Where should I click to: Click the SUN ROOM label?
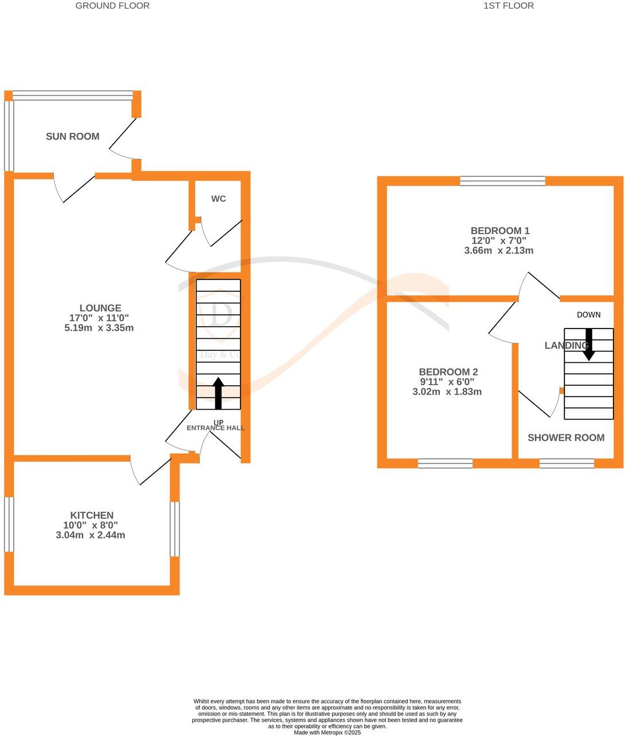(73, 136)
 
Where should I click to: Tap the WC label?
(218, 199)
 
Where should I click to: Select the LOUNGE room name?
(100, 308)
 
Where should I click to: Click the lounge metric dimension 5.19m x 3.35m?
(99, 328)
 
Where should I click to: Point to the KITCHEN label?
(92, 515)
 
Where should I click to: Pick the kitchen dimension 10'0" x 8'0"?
(91, 525)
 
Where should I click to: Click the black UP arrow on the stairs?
(218, 393)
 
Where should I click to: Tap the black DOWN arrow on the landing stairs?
(589, 345)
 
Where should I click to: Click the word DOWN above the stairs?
(589, 315)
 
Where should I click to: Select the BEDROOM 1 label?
(500, 231)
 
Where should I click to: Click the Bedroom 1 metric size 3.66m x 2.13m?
(499, 251)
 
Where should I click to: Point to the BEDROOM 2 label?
(448, 372)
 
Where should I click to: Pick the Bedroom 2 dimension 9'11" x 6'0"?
(447, 382)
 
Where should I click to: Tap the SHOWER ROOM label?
(566, 438)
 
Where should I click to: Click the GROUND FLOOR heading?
(113, 6)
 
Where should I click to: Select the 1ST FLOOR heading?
(509, 6)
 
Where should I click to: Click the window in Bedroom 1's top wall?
(503, 181)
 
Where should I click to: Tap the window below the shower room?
(567, 463)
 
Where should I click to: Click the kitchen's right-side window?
(175, 529)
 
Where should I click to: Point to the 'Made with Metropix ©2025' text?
(327, 733)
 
